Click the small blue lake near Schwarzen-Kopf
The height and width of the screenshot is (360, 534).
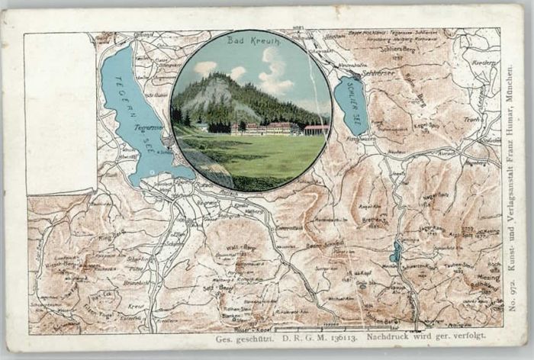[x=395, y=252]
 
